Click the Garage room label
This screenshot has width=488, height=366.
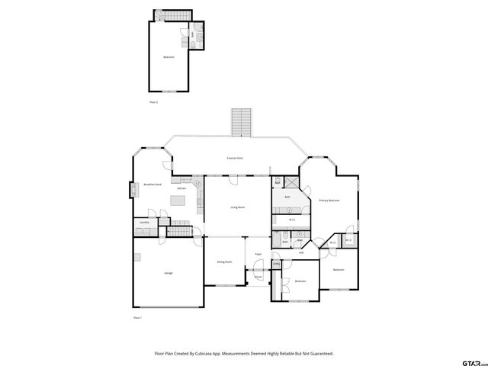coord(168,272)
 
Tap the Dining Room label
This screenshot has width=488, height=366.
coord(224,262)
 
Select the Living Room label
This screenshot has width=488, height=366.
coord(238,207)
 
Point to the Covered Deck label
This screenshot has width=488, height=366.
coord(235,158)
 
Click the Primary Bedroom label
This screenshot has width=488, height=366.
coord(329,201)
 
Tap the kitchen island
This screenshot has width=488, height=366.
coord(178,201)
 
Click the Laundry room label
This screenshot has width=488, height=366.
coord(143,223)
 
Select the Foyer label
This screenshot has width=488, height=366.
coord(258,254)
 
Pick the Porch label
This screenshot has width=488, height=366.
coord(258,277)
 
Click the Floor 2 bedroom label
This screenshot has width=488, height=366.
coord(169,57)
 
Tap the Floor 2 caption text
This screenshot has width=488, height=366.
coord(153,101)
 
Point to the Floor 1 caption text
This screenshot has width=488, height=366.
coord(137,316)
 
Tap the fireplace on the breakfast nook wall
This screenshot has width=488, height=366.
coord(133,189)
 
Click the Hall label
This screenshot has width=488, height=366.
coord(301,253)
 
